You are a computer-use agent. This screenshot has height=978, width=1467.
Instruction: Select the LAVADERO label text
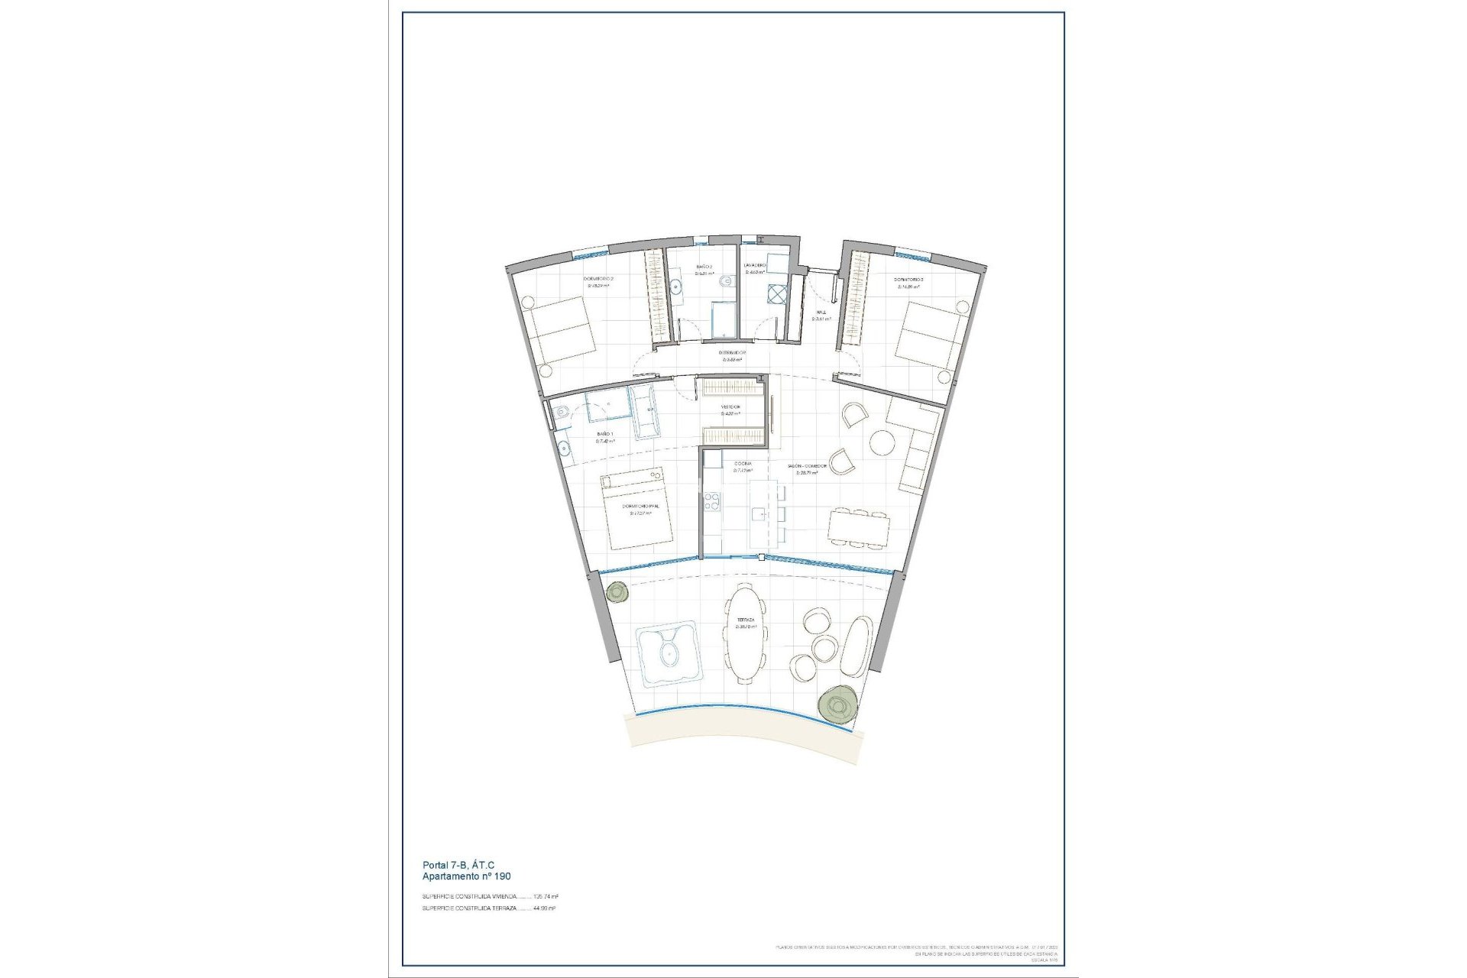(756, 266)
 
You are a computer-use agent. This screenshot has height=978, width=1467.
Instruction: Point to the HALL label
(821, 313)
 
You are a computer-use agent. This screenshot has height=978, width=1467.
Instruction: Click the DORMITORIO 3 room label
(909, 280)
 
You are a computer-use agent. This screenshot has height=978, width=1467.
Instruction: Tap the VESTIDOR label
(731, 406)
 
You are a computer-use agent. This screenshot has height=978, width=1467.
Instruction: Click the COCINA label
(742, 464)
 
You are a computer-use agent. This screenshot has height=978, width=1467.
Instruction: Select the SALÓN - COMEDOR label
(808, 465)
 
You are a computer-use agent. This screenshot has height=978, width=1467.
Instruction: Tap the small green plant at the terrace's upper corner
(617, 591)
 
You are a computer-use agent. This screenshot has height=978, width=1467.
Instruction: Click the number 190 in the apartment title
(500, 876)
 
